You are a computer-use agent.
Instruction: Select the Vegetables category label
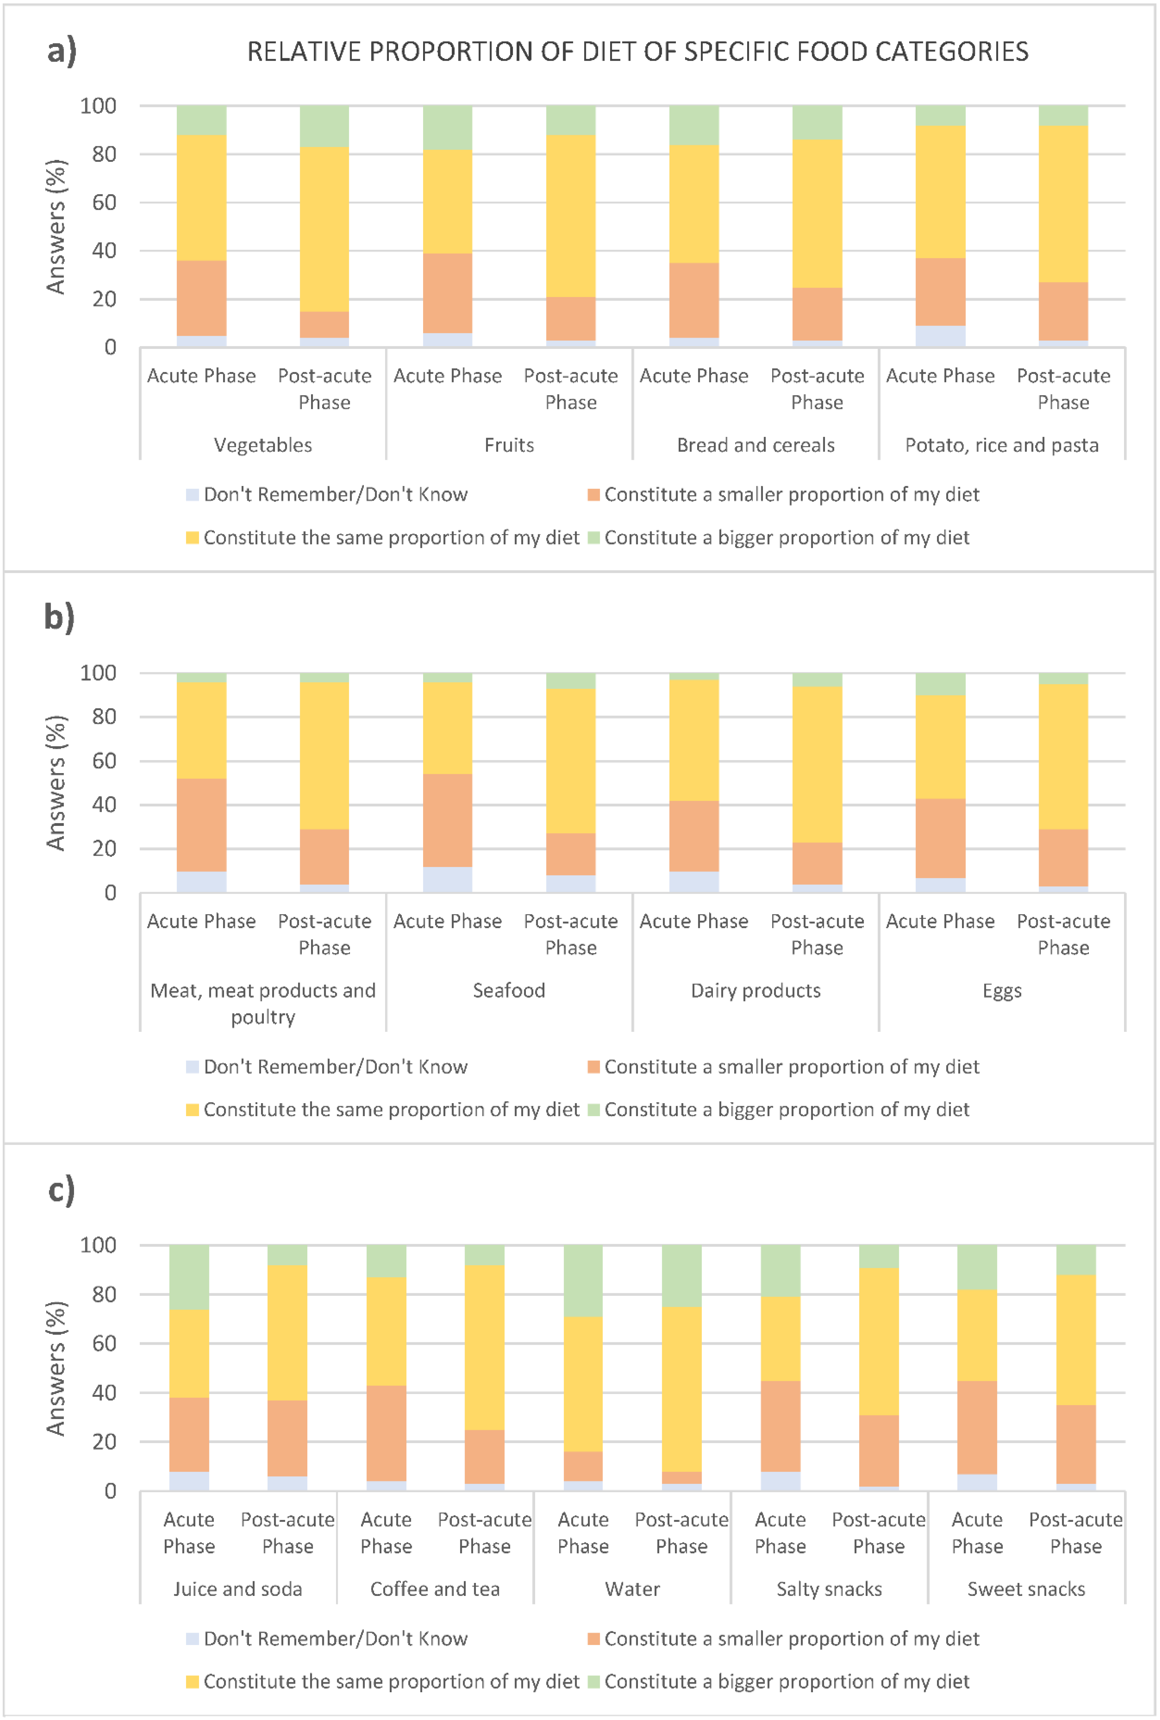263,445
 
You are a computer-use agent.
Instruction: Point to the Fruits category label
509,445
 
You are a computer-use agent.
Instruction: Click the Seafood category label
509,990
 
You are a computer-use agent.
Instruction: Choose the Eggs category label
1002,990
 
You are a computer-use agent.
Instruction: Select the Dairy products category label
755,990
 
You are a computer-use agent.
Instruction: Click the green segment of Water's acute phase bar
583,1280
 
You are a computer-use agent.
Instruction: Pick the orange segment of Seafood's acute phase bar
447,820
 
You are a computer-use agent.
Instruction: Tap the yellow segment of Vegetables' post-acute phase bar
324,229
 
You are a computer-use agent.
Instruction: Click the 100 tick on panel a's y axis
98,106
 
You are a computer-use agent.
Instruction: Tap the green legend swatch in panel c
593,1682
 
